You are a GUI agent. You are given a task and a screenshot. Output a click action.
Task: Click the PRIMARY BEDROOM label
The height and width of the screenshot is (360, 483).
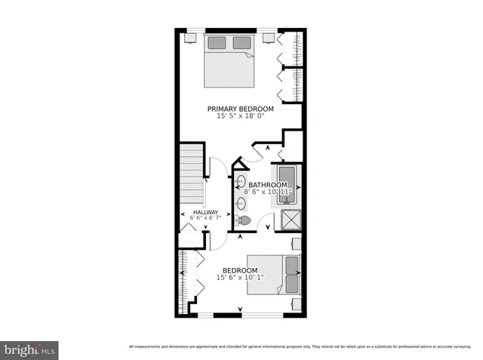click(x=241, y=109)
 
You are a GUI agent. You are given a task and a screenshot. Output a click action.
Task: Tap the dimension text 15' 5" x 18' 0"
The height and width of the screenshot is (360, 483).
click(x=241, y=116)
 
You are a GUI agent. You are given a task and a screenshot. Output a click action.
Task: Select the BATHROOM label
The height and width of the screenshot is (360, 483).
click(x=268, y=185)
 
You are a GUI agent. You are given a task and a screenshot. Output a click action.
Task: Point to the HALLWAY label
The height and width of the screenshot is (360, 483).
click(x=205, y=212)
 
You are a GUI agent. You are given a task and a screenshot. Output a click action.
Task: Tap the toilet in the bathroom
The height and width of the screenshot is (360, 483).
click(x=243, y=220)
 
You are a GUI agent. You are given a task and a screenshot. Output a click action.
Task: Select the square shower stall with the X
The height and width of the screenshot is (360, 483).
click(x=291, y=220)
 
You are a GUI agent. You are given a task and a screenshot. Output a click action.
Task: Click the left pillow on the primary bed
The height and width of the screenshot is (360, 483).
click(x=217, y=42)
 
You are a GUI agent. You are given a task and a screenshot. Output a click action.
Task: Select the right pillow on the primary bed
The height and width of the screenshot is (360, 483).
click(x=241, y=42)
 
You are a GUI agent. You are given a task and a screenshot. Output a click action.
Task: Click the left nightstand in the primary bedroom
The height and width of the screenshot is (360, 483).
click(x=193, y=35)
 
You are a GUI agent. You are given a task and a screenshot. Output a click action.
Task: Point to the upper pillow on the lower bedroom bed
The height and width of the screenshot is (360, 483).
click(x=291, y=265)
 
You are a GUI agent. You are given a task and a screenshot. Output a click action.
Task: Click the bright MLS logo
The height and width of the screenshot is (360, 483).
click(x=29, y=350)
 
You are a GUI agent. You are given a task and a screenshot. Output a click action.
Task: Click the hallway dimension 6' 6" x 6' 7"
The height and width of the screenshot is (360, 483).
click(x=205, y=219)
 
